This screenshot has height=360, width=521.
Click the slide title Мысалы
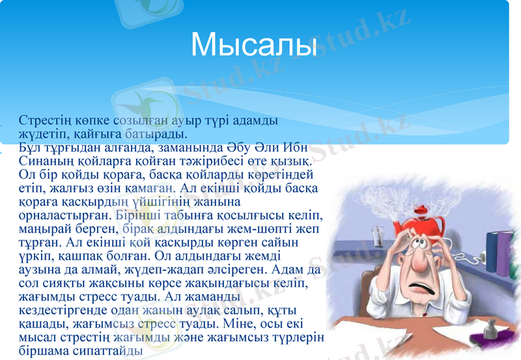point(254,44)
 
